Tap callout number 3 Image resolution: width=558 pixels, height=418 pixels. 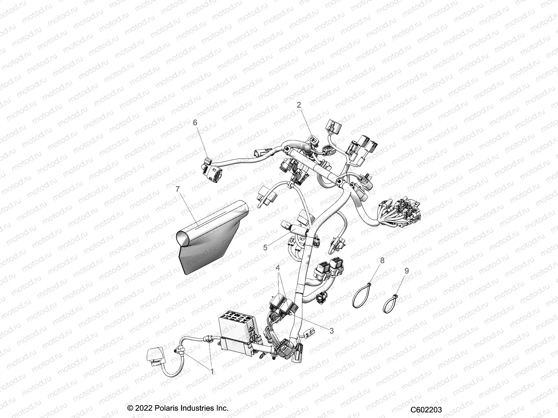tap(331, 331)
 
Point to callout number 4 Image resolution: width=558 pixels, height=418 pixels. tap(278, 268)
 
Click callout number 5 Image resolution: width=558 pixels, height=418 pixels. tap(265, 247)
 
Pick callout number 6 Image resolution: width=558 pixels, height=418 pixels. tap(195, 123)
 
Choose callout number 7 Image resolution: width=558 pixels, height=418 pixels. tap(178, 189)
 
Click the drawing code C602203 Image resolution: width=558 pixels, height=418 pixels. tap(426, 410)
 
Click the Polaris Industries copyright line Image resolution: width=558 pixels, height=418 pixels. tap(178, 408)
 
